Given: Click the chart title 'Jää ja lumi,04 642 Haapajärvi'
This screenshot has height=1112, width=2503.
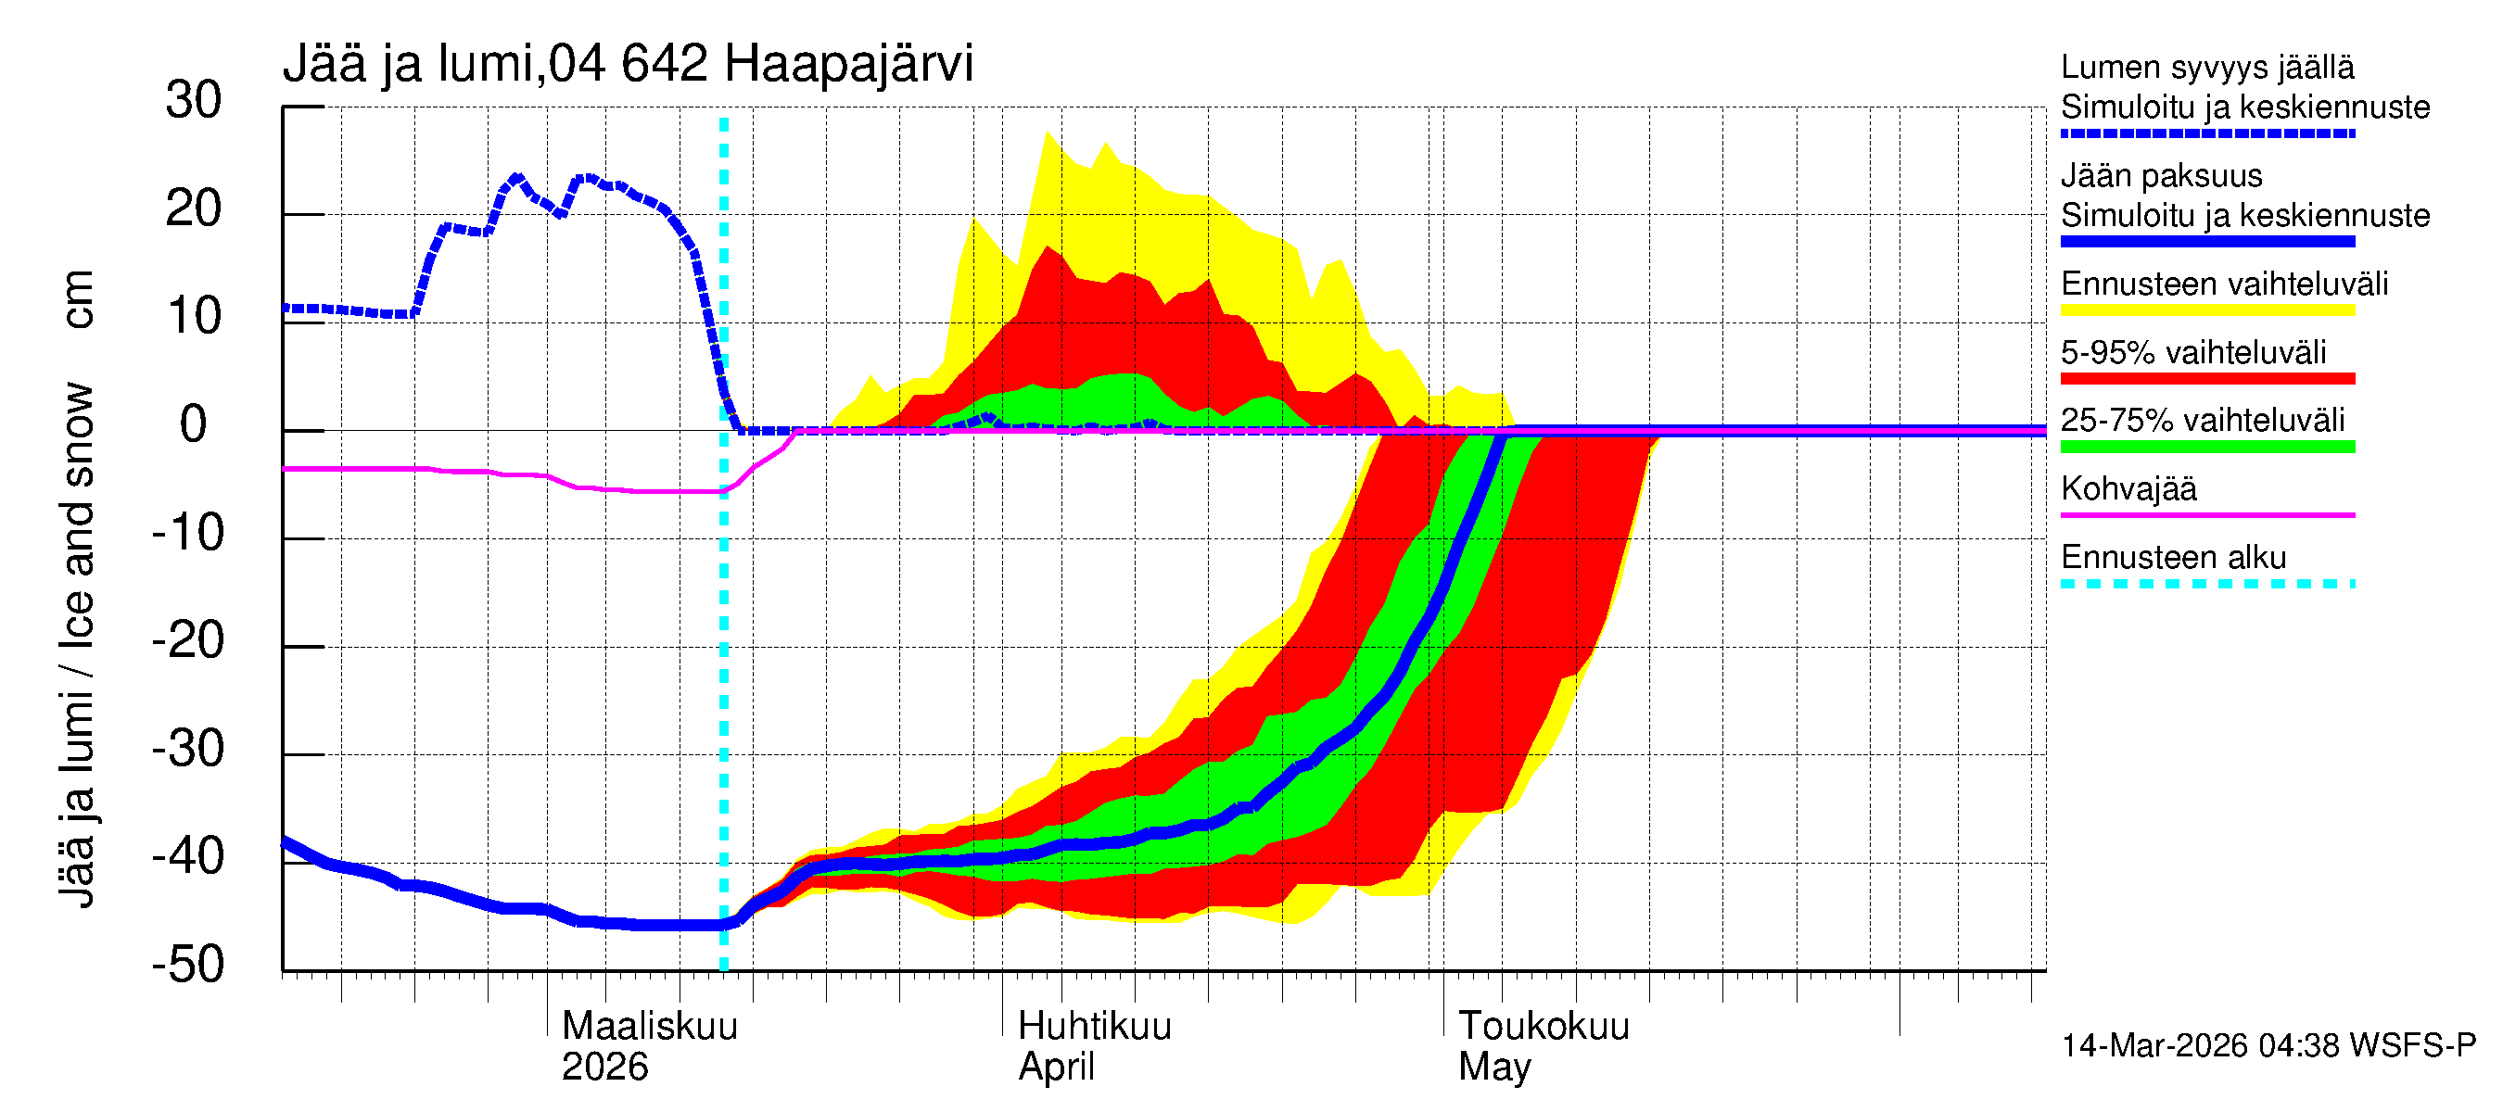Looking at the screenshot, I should [628, 64].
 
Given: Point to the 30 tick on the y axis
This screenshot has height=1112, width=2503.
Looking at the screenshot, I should [194, 101].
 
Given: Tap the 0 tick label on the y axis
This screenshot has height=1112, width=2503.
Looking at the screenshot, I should [194, 425].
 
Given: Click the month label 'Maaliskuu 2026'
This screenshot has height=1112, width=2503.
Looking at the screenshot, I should [649, 1046].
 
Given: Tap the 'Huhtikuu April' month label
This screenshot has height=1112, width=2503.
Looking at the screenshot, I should [1094, 1046].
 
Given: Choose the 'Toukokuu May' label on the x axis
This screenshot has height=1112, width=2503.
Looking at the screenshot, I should [1543, 1046].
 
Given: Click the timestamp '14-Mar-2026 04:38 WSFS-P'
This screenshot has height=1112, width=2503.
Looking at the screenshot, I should [2268, 1046].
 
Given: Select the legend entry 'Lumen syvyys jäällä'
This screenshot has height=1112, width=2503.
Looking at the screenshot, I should [2206, 67].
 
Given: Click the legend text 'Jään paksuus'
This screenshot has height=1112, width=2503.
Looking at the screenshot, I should [2161, 176].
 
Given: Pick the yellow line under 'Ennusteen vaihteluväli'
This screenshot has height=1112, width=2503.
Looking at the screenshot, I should [2206, 310].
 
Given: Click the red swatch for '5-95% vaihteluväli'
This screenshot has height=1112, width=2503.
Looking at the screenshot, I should [2206, 379].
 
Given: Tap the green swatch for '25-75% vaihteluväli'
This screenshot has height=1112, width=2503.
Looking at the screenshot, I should [2206, 447].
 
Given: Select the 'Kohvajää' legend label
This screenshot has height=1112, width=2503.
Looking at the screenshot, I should [2128, 488].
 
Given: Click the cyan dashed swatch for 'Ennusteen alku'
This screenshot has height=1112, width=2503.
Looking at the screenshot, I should [2206, 584].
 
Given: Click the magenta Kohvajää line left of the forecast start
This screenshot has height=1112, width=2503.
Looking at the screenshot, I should [486, 472].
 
